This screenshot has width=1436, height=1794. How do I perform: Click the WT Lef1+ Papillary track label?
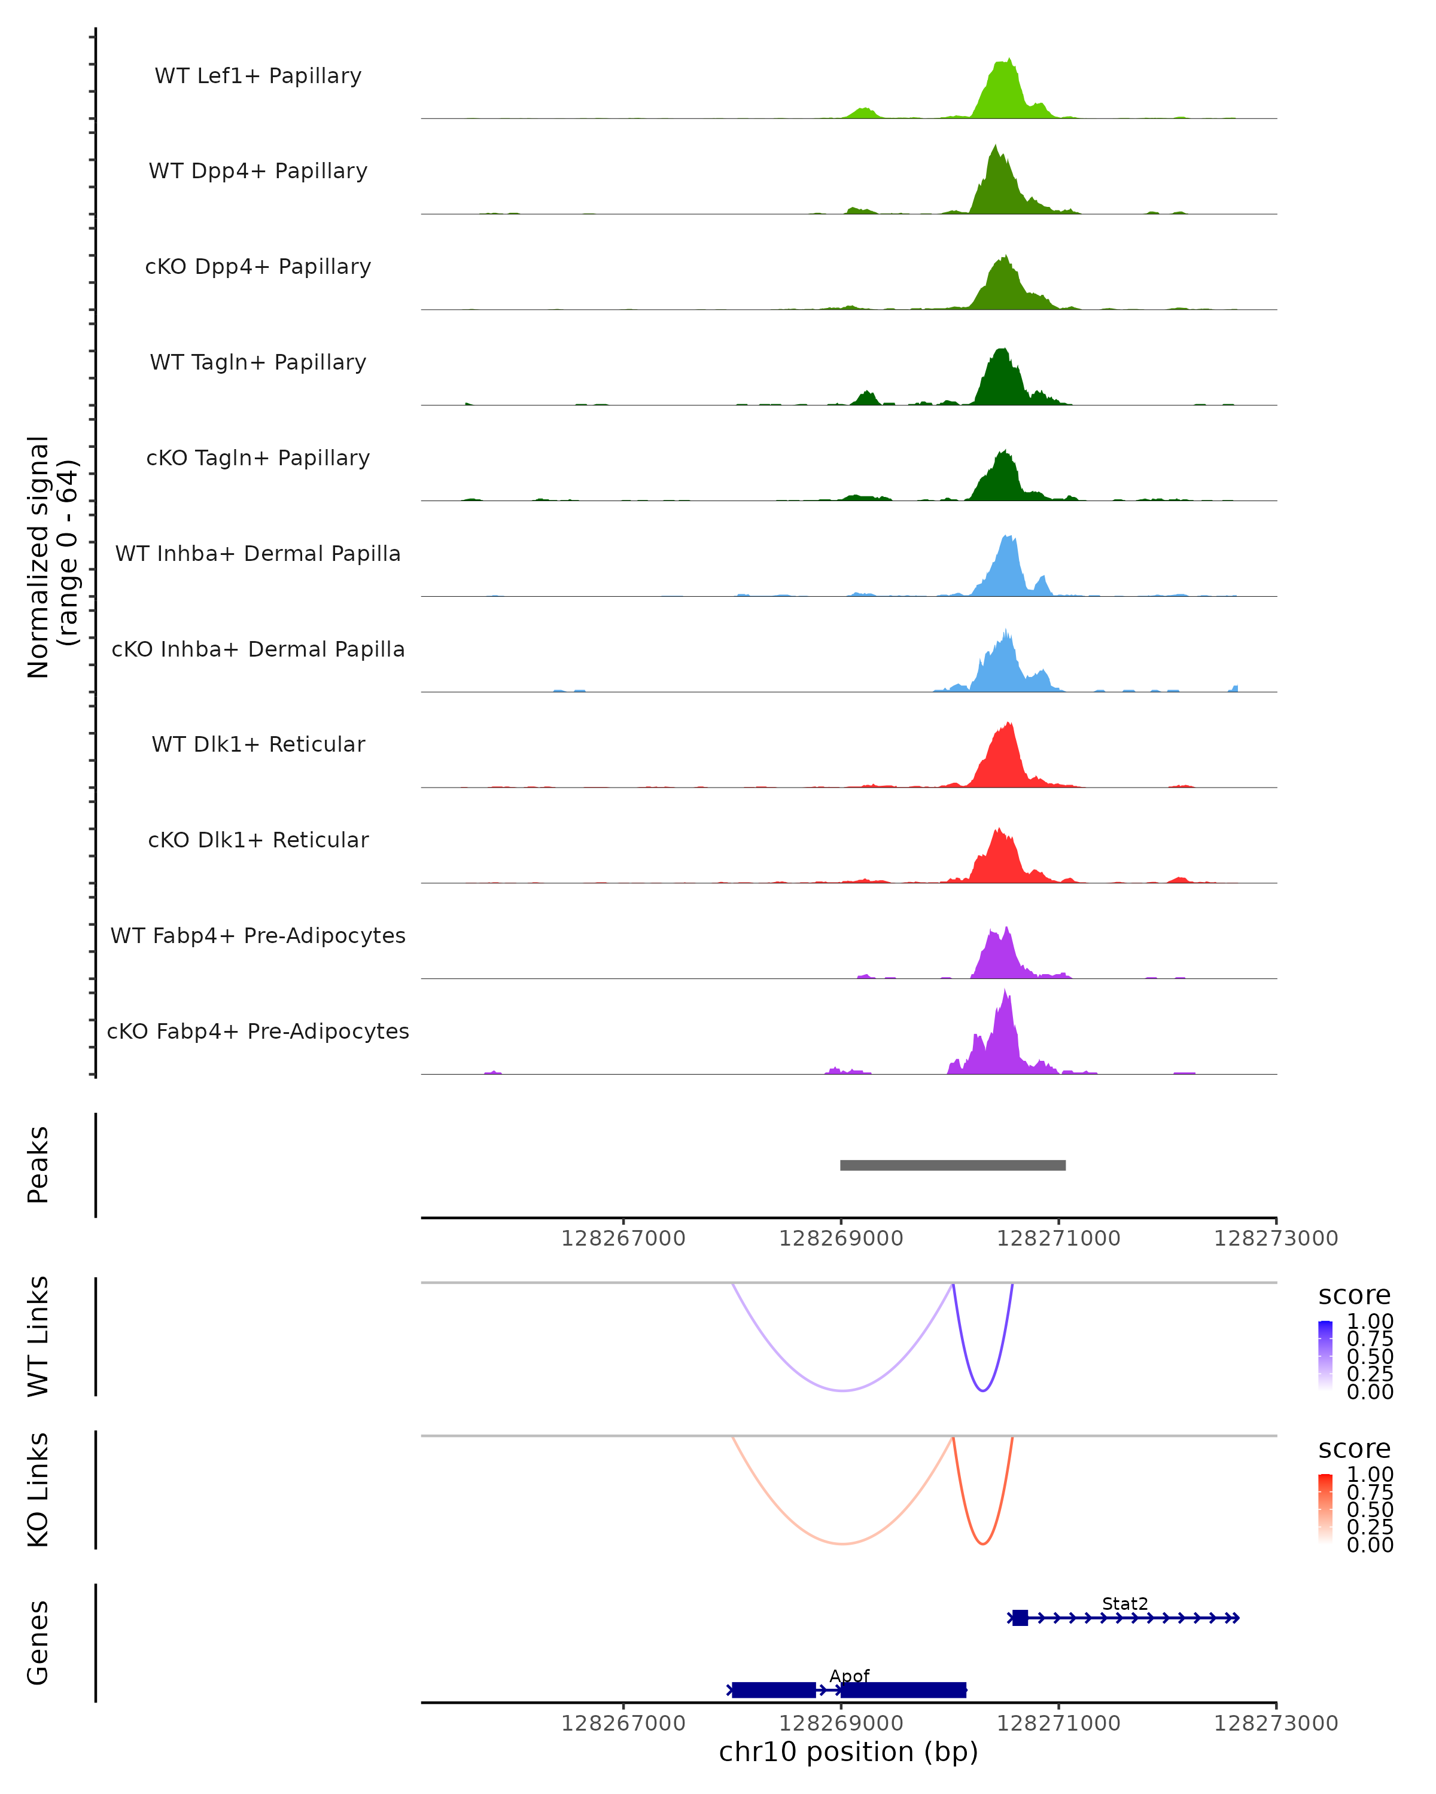(258, 76)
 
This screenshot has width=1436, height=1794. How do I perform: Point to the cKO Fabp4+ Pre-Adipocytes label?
(258, 1031)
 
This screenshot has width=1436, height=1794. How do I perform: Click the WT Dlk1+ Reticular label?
(258, 744)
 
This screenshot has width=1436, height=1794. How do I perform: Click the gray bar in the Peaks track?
(953, 1165)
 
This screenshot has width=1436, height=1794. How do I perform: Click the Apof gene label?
(849, 1676)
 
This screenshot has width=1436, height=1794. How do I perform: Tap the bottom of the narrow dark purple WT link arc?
(983, 1390)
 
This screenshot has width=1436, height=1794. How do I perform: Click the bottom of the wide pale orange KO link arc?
(842, 1543)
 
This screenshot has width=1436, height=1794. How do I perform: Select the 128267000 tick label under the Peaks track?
(623, 1238)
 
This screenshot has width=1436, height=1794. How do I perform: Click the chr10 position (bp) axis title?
(848, 1752)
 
